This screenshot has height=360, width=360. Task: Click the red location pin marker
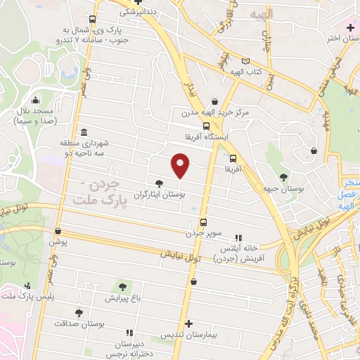pyautogui.click(x=181, y=166)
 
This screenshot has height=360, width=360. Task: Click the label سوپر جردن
pyautogui.click(x=203, y=232)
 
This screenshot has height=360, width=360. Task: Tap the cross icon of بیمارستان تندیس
pyautogui.click(x=188, y=323)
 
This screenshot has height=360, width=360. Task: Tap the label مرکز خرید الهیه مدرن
pyautogui.click(x=209, y=112)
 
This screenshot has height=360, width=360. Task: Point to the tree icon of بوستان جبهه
pyautogui.click(x=284, y=177)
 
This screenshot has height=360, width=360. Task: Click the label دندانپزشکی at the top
pyautogui.click(x=141, y=12)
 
